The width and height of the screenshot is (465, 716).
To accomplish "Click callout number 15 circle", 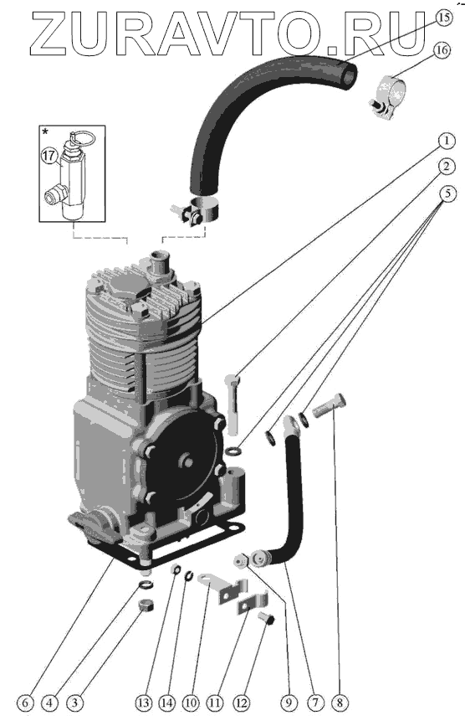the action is (443, 18).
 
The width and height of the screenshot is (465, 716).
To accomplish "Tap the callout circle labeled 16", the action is (442, 49).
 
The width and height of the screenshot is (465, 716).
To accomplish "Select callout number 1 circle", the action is (447, 141).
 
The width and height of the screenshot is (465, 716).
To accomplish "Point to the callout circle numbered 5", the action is (447, 193).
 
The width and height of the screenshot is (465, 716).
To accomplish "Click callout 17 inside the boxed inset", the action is (49, 156).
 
